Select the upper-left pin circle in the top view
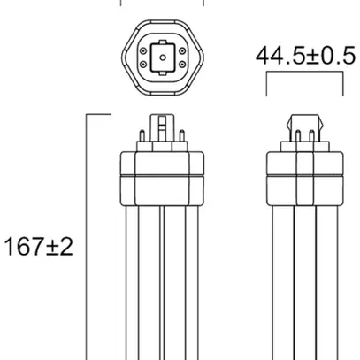coord(144,51)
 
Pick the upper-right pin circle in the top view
coord(181,51)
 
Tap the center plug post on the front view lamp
coord(163,127)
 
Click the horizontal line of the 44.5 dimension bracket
coord(304,74)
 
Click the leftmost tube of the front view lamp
coord(130,283)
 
